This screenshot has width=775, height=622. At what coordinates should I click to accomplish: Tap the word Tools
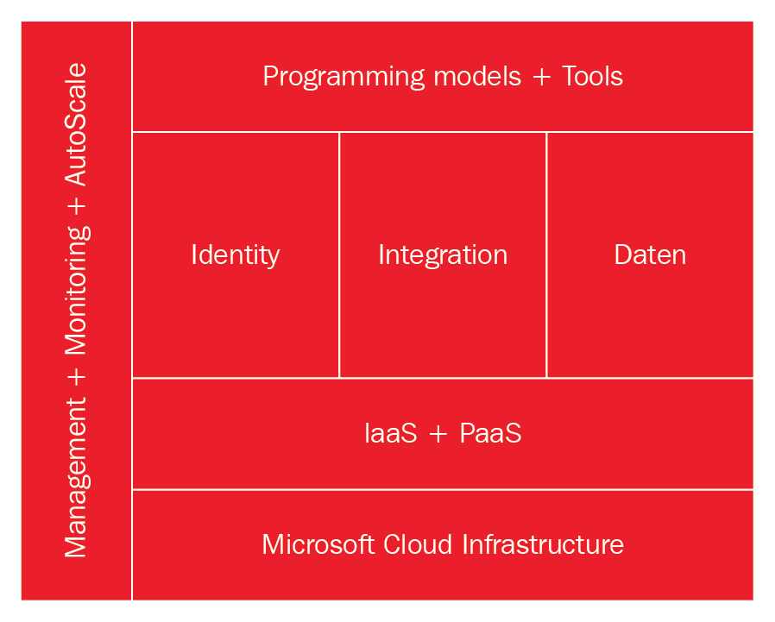click(592, 77)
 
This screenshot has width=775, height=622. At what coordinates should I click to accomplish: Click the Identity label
click(235, 255)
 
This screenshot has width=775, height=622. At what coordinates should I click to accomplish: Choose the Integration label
click(443, 255)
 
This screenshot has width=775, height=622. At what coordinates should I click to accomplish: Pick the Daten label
click(650, 255)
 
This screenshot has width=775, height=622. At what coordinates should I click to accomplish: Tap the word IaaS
click(390, 433)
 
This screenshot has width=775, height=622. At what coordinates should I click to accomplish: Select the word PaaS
click(490, 433)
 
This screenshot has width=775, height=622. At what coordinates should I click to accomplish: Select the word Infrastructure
click(543, 545)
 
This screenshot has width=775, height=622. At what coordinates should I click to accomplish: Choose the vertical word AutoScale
click(76, 124)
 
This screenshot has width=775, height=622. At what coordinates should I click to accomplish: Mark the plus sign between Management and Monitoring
click(77, 377)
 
